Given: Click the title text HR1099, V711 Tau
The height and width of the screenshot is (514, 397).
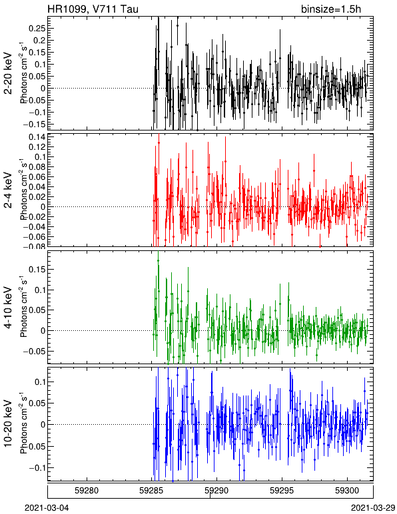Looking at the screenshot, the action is (93, 9).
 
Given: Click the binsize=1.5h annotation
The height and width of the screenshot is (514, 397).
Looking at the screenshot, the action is (331, 9).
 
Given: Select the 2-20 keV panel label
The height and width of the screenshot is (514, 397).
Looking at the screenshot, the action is (8, 73).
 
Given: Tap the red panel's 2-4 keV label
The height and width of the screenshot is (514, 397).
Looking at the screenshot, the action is (8, 190).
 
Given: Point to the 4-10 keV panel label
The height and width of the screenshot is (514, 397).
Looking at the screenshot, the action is (8, 308).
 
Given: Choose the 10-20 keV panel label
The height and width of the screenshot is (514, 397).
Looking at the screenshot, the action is (8, 423).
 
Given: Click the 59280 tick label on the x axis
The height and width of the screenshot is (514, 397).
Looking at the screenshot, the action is (87, 491).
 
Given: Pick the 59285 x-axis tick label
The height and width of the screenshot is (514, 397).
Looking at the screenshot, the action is (152, 491).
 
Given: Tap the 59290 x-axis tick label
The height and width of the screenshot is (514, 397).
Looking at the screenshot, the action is (217, 491).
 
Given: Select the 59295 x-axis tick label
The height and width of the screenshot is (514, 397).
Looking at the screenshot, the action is (282, 491).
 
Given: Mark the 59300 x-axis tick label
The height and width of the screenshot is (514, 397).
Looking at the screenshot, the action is (347, 491).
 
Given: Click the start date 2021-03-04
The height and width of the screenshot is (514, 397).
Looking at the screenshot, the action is (47, 508).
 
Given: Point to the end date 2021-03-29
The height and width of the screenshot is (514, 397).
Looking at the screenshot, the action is (373, 508).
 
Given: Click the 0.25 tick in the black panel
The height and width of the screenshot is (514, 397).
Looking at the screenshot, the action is (37, 29).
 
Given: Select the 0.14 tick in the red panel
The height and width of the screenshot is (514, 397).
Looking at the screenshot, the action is (37, 137).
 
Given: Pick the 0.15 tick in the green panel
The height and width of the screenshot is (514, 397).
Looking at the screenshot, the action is (37, 270).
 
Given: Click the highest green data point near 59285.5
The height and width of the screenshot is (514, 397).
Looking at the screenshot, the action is (159, 260).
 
